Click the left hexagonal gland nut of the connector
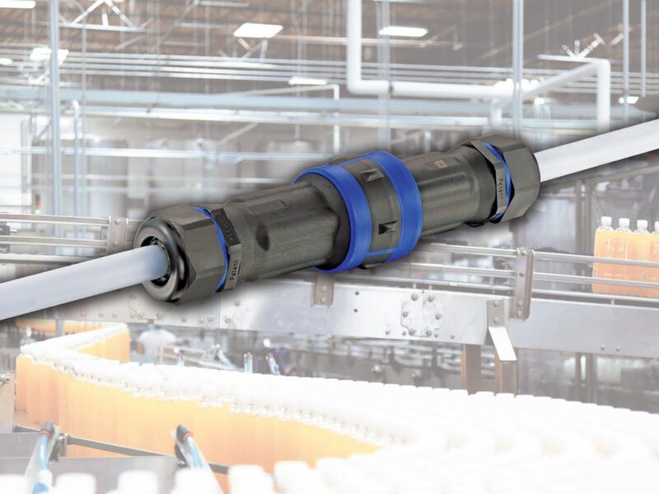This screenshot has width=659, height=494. click(177, 254)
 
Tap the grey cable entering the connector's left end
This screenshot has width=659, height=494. click(74, 284)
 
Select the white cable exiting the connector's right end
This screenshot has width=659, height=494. click(601, 148)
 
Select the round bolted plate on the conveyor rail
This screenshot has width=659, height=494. click(421, 314)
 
